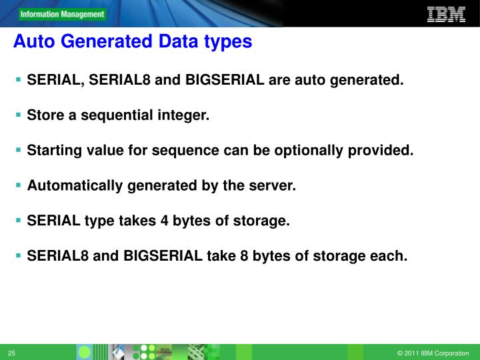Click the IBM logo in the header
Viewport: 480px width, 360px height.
(x=445, y=14)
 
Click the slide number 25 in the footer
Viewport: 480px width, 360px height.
(x=12, y=353)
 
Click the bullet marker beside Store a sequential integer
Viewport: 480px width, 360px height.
(x=19, y=115)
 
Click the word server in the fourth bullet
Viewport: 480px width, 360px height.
(x=273, y=185)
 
